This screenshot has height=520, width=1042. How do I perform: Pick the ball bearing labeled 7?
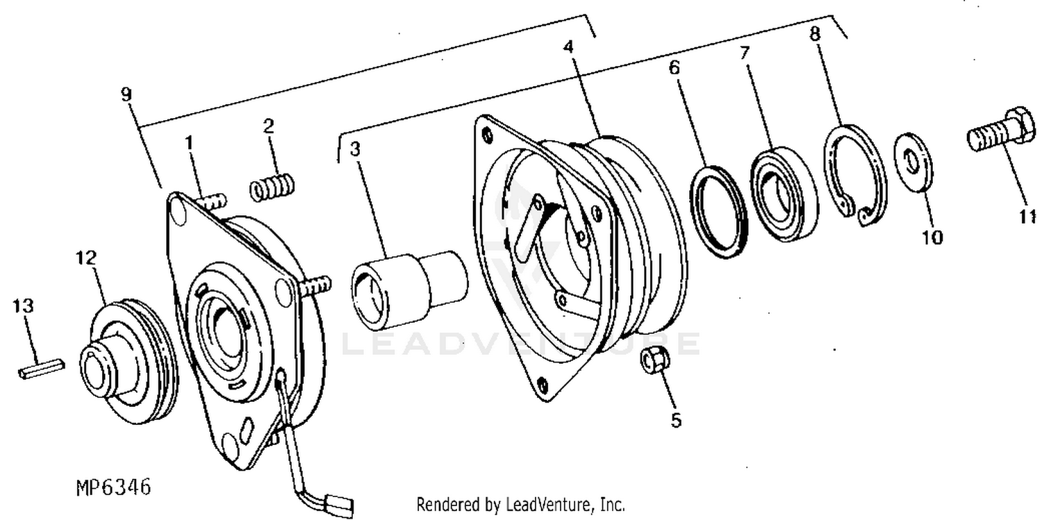tap(784, 192)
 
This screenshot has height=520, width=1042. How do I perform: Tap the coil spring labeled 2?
tap(272, 187)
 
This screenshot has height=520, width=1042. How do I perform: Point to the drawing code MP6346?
tap(113, 488)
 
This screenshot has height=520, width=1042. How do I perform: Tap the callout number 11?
tap(1028, 218)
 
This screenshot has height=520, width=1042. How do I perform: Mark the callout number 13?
tap(23, 305)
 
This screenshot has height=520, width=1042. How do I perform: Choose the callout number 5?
tap(675, 420)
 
